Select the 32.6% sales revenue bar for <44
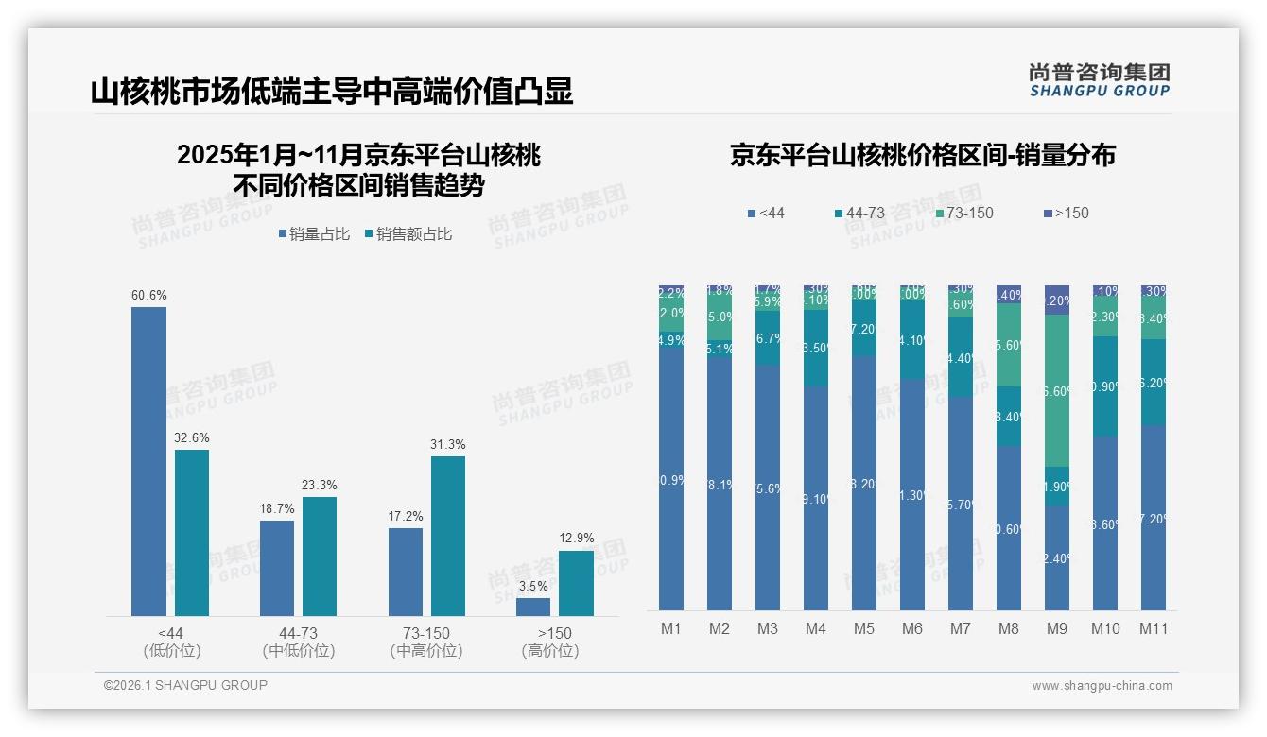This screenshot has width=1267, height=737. coord(192,533)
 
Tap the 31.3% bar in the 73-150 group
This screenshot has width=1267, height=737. coord(448,536)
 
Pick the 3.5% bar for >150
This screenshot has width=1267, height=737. coord(533,607)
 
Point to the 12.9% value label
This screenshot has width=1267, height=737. coord(577,539)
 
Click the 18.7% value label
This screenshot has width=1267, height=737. coord(277,508)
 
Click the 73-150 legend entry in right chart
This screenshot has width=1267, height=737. coord(963,214)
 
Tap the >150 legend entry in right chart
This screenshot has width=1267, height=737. coord(1066,214)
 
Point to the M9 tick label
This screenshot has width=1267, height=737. coord(1057,628)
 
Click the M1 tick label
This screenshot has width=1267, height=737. coord(670,628)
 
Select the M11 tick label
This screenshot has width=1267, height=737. coord(1154,628)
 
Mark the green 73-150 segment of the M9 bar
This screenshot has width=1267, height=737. coord(1057,390)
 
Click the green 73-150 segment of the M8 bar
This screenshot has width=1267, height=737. coord(1009,345)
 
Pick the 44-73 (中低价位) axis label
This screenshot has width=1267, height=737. coord(299,642)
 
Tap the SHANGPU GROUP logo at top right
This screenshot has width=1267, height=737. coord(1099,80)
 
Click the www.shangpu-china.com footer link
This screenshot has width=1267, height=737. coord(1102,686)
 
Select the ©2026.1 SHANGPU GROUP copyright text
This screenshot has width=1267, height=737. coord(185,685)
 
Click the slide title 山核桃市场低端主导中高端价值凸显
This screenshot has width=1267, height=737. coord(332,92)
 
